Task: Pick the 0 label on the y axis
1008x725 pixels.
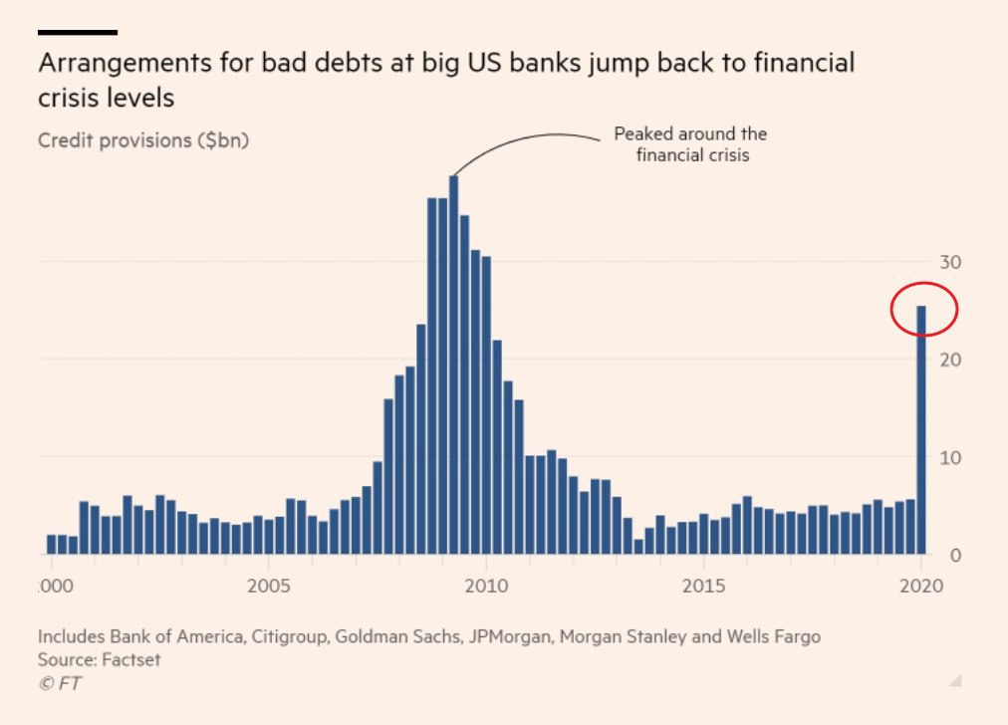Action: click(x=955, y=555)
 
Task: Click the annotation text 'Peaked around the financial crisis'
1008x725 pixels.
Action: click(x=690, y=144)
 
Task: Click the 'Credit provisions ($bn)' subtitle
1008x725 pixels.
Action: click(x=143, y=139)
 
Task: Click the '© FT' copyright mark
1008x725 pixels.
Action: click(x=61, y=682)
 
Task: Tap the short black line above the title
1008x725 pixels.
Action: click(x=78, y=33)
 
